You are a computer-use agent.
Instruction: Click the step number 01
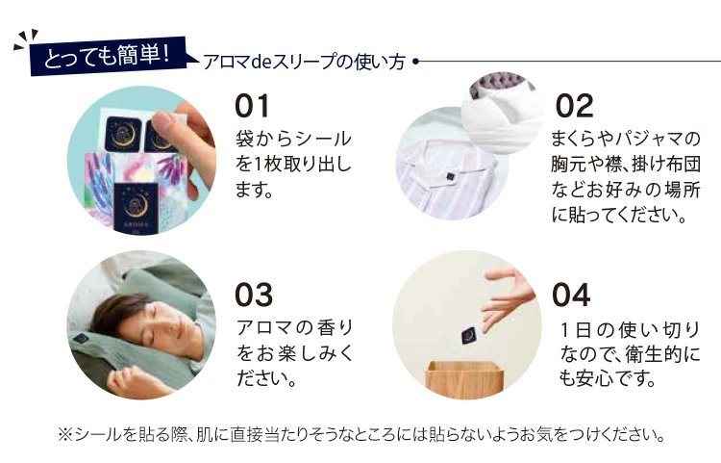pos(252,106)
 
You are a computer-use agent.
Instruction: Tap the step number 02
pos(574,106)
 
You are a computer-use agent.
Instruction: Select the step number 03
pos(254,295)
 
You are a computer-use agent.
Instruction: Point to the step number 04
pos(571,295)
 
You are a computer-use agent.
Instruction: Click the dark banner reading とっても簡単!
pos(109,56)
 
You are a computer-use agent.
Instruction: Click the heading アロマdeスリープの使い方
pos(304,63)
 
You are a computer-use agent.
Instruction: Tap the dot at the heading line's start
pos(415,62)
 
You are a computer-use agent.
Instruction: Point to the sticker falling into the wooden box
pos(469,335)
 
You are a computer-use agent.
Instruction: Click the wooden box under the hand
pos(466,379)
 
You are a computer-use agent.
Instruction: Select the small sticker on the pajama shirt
pos(450,176)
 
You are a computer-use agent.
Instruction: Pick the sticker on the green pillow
pos(81,339)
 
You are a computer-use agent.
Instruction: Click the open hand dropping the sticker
pos(505,296)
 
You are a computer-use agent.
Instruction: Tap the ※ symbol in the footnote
pos(64,434)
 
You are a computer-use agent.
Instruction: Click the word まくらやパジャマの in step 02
pos(626,139)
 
